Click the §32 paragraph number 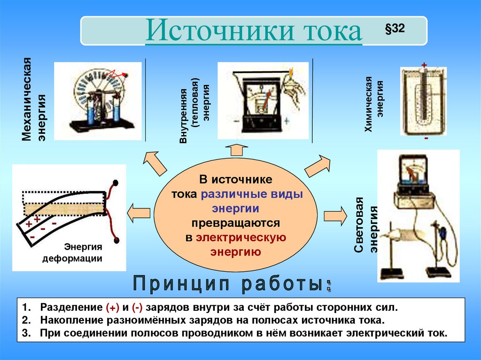[x=394, y=29]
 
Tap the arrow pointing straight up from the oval [x=236, y=151]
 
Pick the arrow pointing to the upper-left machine [x=155, y=163]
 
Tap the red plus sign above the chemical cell [x=424, y=65]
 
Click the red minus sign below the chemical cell [x=426, y=139]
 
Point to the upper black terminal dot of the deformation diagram [x=115, y=182]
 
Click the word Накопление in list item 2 [x=71, y=321]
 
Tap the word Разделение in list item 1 [x=70, y=308]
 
